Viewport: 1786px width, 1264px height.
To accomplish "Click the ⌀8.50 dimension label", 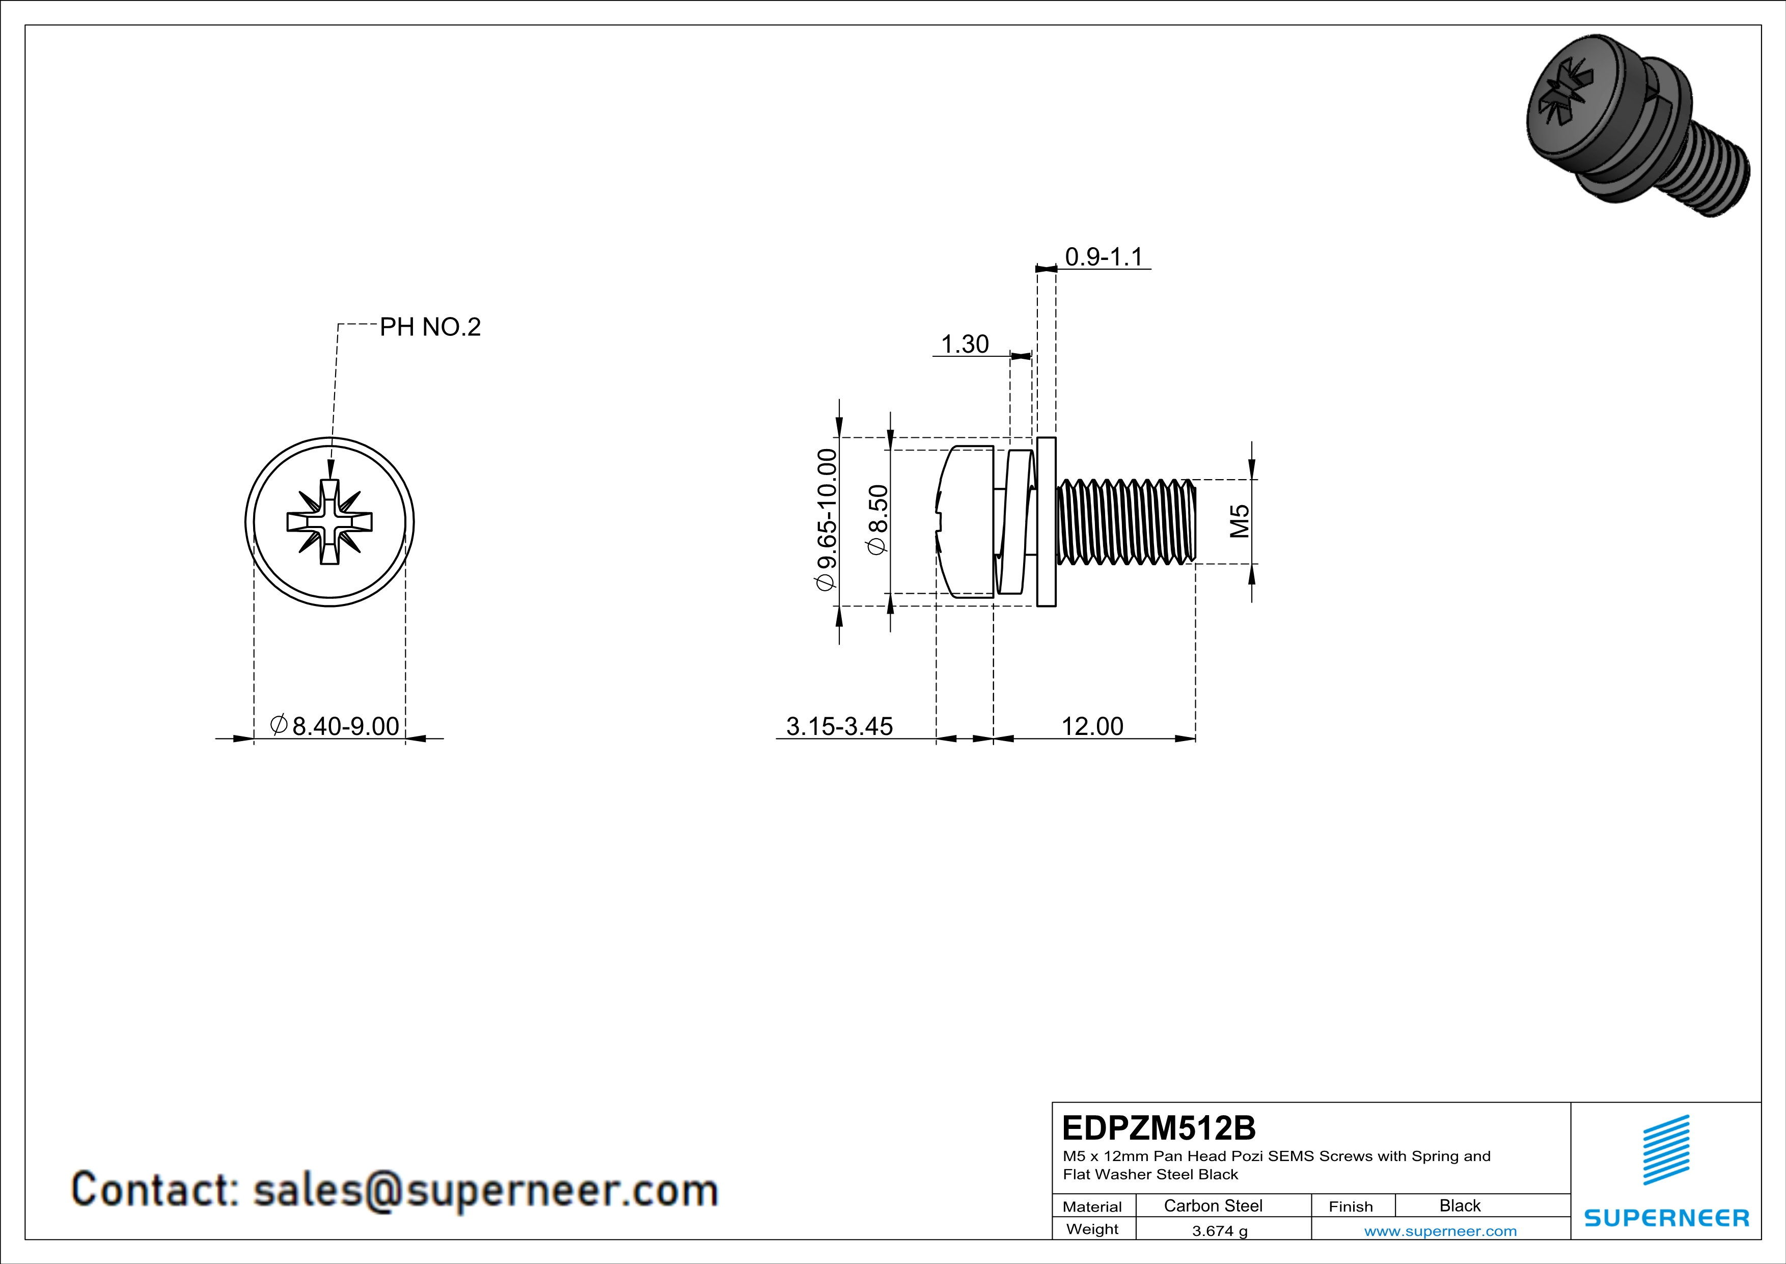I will tap(877, 519).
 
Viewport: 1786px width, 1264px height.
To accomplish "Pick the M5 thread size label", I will tap(1239, 521).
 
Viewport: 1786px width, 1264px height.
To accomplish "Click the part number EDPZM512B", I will tap(1158, 1128).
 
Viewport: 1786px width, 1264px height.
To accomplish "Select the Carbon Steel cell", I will tap(1213, 1205).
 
